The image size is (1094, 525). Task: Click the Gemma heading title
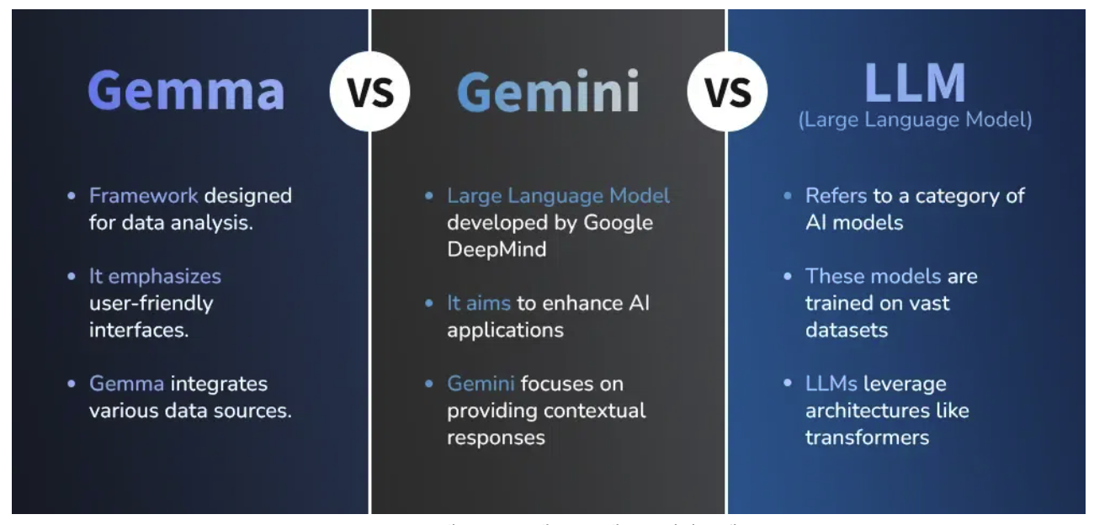(x=186, y=90)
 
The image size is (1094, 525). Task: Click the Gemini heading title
(x=548, y=90)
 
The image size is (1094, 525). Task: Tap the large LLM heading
(x=915, y=82)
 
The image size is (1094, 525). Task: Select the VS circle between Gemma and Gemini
(x=369, y=91)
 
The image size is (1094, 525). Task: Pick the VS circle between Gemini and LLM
(x=728, y=91)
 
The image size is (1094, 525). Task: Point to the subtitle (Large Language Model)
(x=915, y=120)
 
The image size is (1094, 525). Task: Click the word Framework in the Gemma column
(x=144, y=196)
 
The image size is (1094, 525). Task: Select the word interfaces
(x=139, y=329)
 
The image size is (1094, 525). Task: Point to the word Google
(x=619, y=223)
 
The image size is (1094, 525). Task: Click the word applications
(x=505, y=330)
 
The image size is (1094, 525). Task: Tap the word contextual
(x=597, y=411)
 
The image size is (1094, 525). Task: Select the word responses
(x=496, y=437)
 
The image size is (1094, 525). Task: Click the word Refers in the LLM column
(x=836, y=196)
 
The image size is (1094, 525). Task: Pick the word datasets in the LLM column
(x=846, y=330)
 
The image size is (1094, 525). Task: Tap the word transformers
(x=867, y=437)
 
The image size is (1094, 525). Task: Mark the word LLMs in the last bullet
(x=831, y=384)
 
